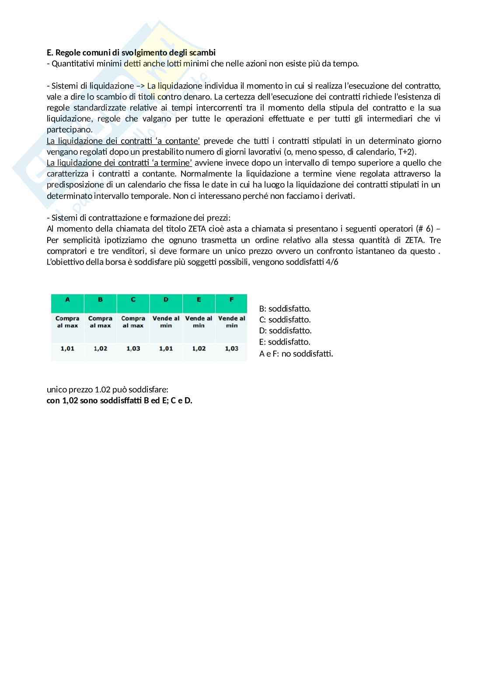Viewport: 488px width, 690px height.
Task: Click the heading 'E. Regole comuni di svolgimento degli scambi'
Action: click(131, 52)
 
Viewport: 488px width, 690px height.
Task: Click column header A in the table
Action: click(67, 299)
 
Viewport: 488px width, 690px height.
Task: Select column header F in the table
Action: click(231, 299)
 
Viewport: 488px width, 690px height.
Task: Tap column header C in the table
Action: click(133, 299)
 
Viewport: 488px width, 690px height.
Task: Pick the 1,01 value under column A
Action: click(67, 348)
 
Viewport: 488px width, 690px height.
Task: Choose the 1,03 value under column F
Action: click(231, 348)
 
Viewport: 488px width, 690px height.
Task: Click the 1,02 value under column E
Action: click(199, 348)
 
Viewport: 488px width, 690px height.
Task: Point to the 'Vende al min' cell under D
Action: click(166, 322)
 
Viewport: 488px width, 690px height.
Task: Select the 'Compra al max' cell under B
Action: click(100, 322)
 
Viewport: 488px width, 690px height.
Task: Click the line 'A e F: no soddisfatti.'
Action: click(296, 354)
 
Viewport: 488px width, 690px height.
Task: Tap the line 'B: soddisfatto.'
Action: click(285, 309)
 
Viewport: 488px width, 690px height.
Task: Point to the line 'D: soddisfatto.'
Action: click(285, 331)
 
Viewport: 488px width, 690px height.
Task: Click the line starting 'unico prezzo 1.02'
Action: click(108, 389)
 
